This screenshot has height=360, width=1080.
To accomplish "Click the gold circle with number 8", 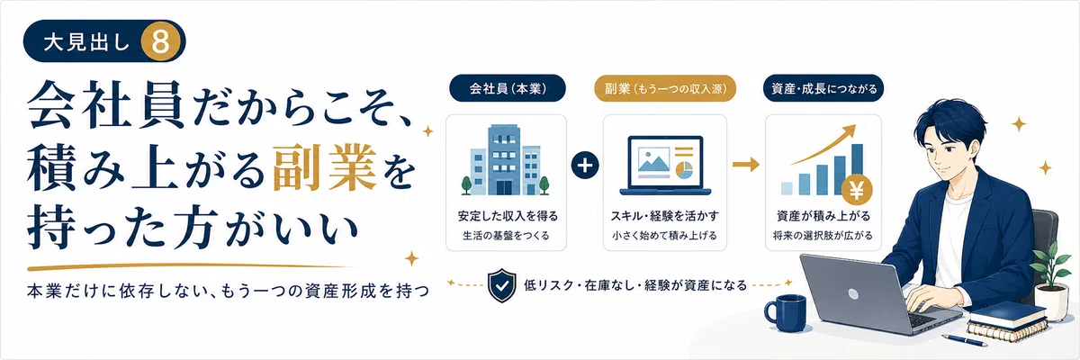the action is click(160, 41).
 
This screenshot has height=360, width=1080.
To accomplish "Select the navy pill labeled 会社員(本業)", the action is click(508, 88).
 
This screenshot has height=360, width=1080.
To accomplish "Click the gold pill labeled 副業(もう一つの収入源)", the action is click(665, 88).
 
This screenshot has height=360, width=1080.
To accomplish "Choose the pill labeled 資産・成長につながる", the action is click(823, 88).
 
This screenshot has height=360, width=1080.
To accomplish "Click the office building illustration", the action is click(505, 159).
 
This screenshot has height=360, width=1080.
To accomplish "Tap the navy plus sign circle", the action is click(585, 165).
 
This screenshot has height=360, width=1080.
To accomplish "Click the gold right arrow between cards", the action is click(746, 165).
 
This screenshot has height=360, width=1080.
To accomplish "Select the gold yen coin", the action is click(857, 192).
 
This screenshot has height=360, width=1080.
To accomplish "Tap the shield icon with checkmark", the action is click(502, 285).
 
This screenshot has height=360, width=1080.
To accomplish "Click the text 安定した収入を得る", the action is click(508, 216).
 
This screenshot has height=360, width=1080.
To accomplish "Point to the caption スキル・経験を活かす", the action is click(665, 216).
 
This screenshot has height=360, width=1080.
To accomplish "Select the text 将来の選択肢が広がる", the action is click(823, 236).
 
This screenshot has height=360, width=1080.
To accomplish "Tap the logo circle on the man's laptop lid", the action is click(853, 293).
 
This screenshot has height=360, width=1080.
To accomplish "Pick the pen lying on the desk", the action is click(962, 340).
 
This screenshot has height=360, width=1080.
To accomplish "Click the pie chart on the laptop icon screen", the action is click(684, 169).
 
